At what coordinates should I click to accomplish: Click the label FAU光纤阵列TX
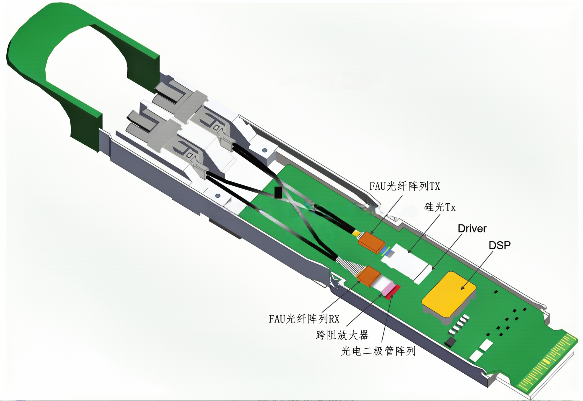click(x=405, y=186)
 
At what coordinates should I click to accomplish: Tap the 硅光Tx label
click(x=440, y=207)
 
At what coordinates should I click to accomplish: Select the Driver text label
click(x=472, y=229)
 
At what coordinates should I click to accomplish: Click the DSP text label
click(x=500, y=245)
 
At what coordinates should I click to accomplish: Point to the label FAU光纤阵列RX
click(x=304, y=319)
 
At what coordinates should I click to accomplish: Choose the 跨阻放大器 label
click(x=343, y=335)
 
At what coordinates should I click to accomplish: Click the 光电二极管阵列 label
click(x=378, y=351)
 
